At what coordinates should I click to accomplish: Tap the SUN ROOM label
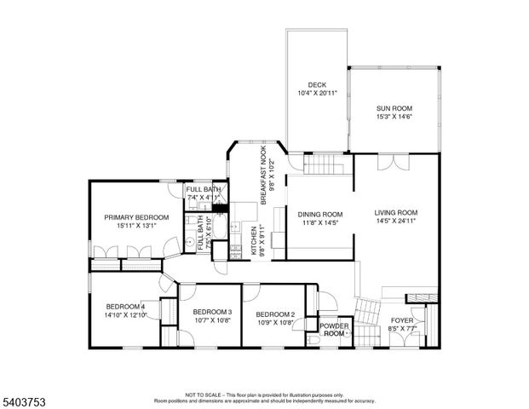[394, 108]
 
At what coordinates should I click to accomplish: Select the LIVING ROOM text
[395, 212]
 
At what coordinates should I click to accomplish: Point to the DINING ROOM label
[319, 214]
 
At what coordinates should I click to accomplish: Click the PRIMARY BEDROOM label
[136, 217]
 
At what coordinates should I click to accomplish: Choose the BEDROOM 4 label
[125, 306]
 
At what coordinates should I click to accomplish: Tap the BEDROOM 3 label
[212, 311]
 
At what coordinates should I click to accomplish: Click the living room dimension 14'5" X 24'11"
[395, 221]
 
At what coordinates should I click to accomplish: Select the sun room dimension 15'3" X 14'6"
[394, 117]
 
